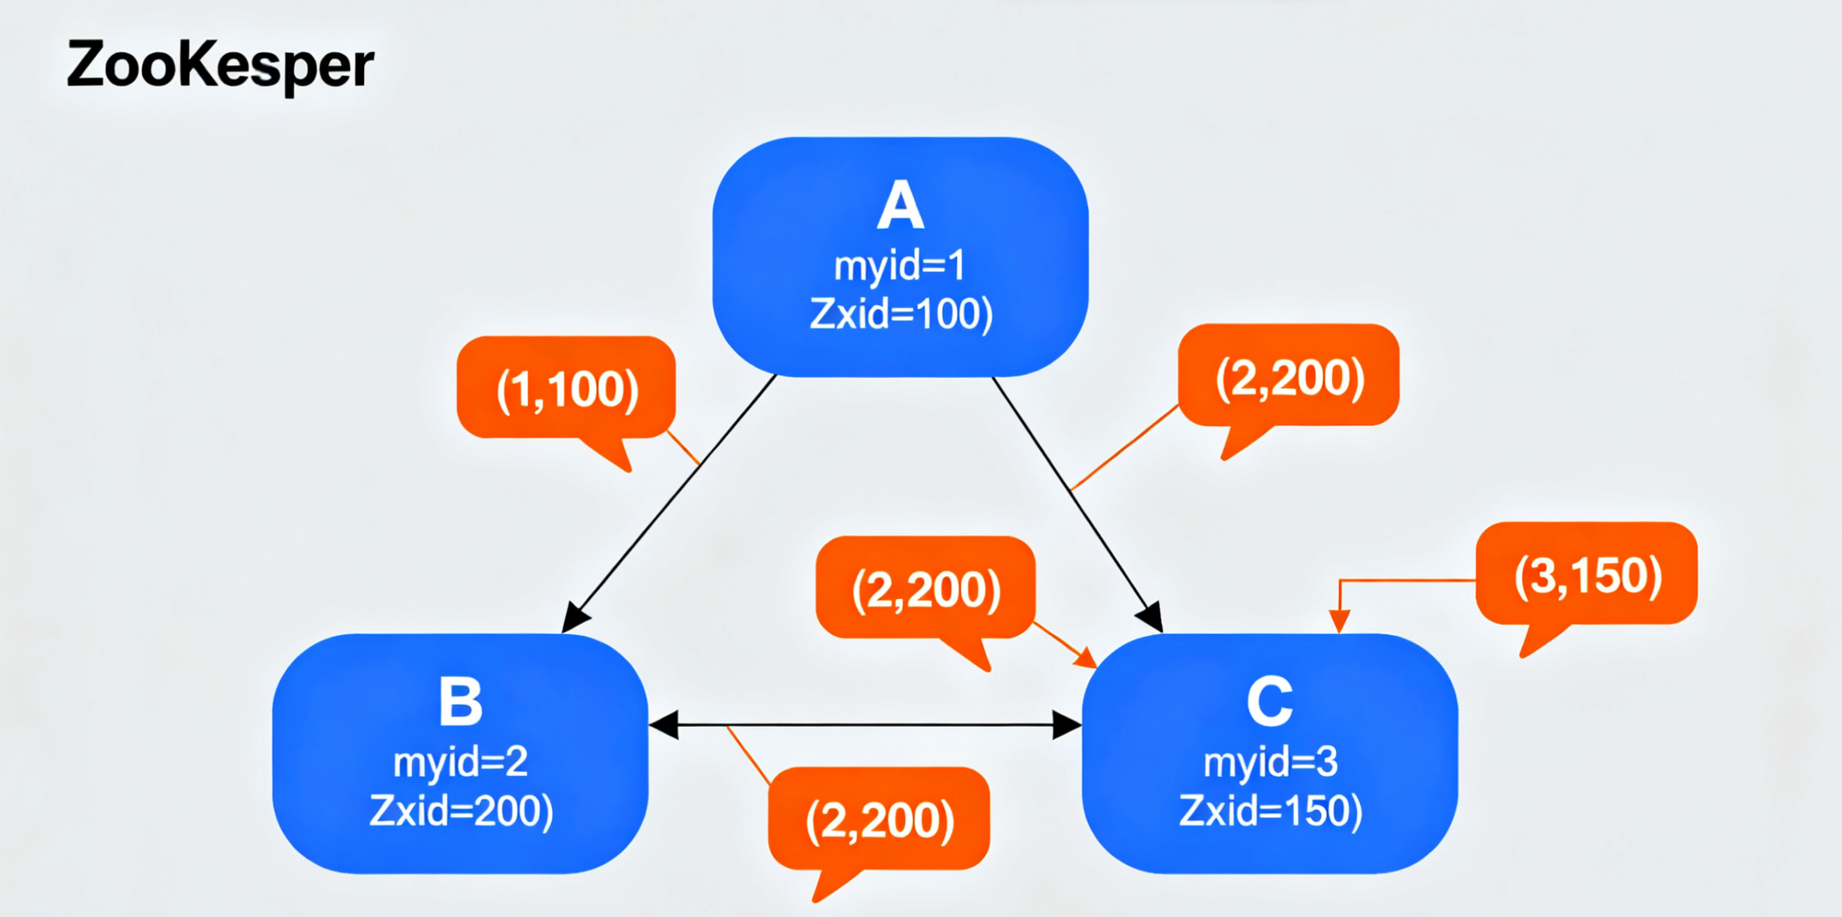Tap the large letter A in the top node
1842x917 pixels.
click(x=900, y=206)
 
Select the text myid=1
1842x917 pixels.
click(x=900, y=266)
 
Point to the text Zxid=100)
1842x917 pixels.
click(x=900, y=314)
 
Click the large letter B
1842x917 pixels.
click(x=460, y=702)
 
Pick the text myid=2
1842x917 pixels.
click(x=460, y=762)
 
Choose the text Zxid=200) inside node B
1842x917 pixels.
click(x=461, y=811)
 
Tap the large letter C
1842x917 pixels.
click(x=1270, y=702)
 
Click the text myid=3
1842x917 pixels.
click(x=1271, y=762)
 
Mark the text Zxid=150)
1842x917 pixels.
click(x=1271, y=811)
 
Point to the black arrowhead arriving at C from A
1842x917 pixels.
click(x=1150, y=617)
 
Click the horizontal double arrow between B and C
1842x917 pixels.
click(x=865, y=725)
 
